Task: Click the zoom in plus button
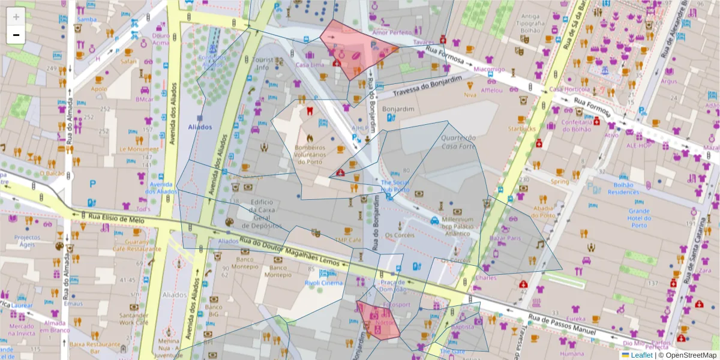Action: [16, 17]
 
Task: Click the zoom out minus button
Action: [16, 35]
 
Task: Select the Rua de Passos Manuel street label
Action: [564, 323]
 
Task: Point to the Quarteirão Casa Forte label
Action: [458, 142]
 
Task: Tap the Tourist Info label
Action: [262, 64]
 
